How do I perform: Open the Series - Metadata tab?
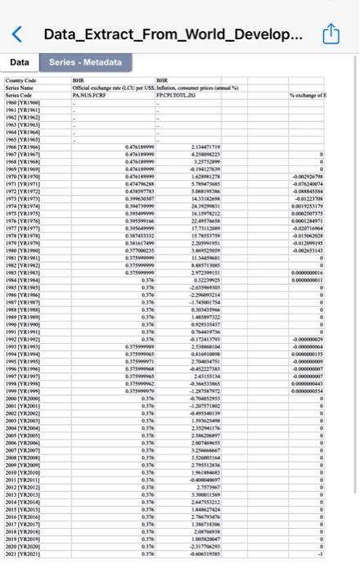coord(85,62)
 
